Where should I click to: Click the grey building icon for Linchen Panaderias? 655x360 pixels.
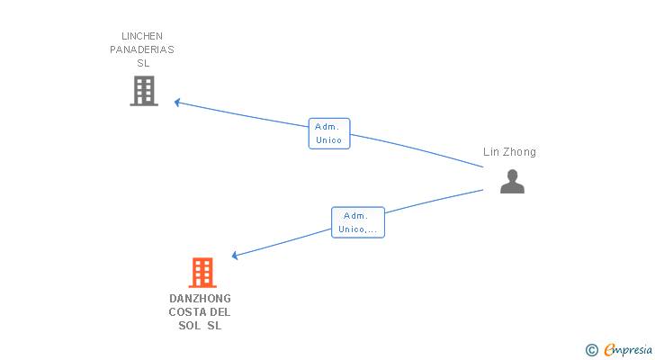pyautogui.click(x=144, y=91)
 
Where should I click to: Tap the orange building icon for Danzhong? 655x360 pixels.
pyautogui.click(x=202, y=273)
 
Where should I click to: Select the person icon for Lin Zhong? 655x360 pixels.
pyautogui.click(x=512, y=181)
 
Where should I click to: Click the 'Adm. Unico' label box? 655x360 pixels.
pyautogui.click(x=329, y=133)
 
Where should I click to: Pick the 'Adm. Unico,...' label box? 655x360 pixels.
pyautogui.click(x=358, y=222)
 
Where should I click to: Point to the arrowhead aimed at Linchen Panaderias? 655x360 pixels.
pyautogui.click(x=177, y=103)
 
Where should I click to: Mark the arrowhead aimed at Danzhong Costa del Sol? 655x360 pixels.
pyautogui.click(x=235, y=256)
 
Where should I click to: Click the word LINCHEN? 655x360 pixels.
pyautogui.click(x=142, y=36)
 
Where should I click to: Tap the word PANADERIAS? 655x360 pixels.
pyautogui.click(x=142, y=49)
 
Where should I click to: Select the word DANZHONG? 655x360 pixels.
pyautogui.click(x=200, y=299)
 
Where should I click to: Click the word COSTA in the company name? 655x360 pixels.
pyautogui.click(x=184, y=312)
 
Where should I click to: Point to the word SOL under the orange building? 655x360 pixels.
pyautogui.click(x=190, y=326)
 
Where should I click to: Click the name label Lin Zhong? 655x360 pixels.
pyautogui.click(x=509, y=152)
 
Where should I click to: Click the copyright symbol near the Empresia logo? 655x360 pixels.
pyautogui.click(x=591, y=350)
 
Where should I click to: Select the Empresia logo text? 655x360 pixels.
pyautogui.click(x=628, y=350)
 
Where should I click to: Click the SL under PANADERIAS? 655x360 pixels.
pyautogui.click(x=143, y=64)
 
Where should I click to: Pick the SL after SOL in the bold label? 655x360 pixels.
pyautogui.click(x=214, y=326)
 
